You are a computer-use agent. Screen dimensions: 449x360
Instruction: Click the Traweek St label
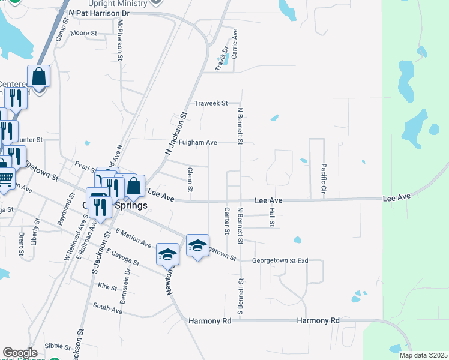pos(210,103)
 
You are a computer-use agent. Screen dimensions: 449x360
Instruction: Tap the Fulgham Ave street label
pos(198,143)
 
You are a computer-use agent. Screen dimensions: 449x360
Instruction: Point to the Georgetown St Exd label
pos(280,261)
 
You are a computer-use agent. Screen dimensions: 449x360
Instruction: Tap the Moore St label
pos(84,34)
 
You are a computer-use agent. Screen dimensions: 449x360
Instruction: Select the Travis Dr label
pos(223,56)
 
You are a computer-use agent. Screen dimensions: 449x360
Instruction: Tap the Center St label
pos(227,221)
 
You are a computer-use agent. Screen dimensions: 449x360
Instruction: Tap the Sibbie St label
pos(58,346)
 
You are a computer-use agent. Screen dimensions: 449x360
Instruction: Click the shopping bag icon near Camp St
pos(38,77)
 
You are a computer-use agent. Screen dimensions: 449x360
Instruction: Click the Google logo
pos(20,353)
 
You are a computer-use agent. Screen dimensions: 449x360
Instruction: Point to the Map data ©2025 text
pos(423,355)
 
